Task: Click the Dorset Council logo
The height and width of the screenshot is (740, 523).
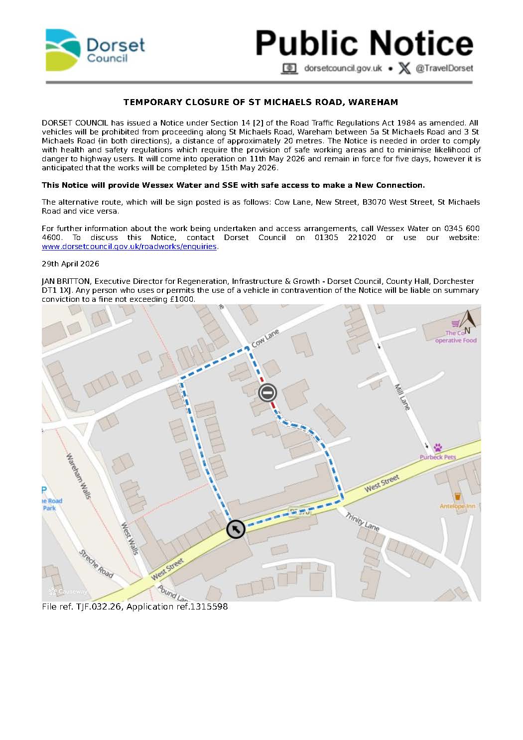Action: coord(95,50)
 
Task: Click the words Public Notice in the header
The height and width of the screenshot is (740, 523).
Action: coord(364,43)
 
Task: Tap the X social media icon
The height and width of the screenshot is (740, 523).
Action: coord(404,68)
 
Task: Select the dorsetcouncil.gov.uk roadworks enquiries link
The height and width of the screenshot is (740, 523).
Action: coord(130,247)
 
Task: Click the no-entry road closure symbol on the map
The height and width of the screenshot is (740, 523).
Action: coord(267,393)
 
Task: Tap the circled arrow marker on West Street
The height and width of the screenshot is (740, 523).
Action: coord(236,529)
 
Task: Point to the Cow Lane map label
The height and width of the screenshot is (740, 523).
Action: coord(265,338)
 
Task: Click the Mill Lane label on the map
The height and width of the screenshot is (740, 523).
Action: coord(402,397)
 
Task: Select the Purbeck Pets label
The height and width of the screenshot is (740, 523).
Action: coord(437,457)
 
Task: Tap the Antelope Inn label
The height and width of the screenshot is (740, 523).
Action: coord(457,506)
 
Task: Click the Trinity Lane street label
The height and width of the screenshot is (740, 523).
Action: coord(363,520)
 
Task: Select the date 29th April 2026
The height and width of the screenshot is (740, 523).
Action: coord(70,264)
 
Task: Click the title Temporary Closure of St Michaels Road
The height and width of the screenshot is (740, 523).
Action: coord(261,103)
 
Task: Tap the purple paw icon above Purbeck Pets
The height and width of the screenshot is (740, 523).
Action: coord(438,448)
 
